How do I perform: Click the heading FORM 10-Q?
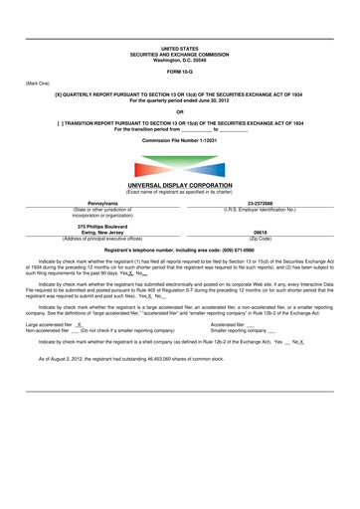180,70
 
